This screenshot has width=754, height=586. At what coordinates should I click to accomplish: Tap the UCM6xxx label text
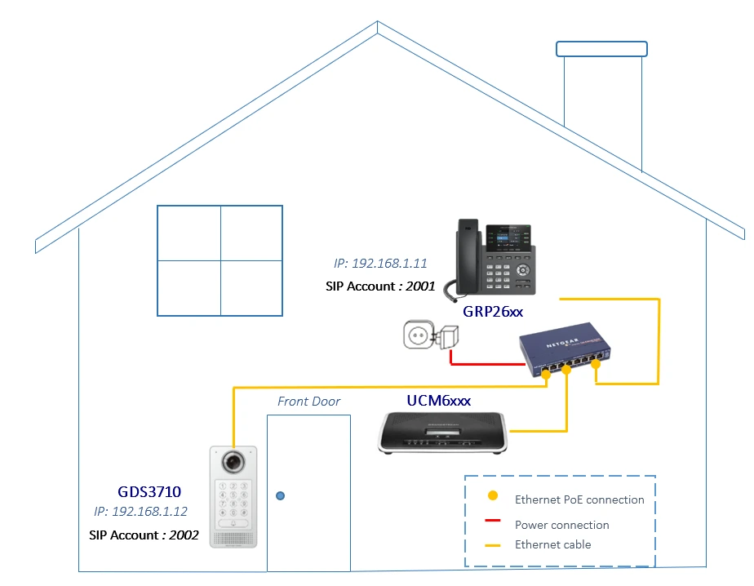439,400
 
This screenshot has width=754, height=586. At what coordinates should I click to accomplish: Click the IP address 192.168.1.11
380,264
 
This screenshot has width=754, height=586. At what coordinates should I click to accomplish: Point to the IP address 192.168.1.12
140,512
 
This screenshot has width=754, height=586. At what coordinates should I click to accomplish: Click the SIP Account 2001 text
379,286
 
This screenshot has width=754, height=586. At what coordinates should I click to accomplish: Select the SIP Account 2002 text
144,535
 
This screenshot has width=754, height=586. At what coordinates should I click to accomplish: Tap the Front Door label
308,401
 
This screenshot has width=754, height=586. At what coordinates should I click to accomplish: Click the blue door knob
281,495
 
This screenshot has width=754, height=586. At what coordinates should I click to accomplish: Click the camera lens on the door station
233,461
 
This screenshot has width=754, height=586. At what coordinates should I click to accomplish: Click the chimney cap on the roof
602,48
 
